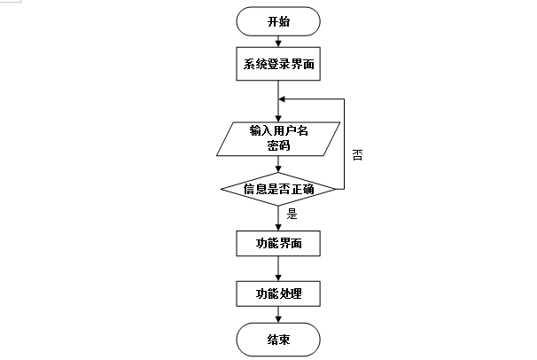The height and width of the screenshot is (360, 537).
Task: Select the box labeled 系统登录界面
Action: [278, 64]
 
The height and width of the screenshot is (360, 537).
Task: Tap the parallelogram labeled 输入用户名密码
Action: [278, 139]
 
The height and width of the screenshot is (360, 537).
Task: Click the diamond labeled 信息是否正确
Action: [278, 188]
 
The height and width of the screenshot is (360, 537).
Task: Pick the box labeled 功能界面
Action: [278, 242]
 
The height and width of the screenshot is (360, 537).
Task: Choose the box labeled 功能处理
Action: [278, 293]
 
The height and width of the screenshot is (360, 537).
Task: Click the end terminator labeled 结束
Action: [278, 339]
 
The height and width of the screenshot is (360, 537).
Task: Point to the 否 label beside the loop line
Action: [357, 154]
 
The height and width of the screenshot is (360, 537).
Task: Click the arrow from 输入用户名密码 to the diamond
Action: [278, 165]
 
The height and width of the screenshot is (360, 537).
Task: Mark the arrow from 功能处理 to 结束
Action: [278, 316]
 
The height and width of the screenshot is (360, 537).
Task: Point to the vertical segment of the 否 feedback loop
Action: [344, 142]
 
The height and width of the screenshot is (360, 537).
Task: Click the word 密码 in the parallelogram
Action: [278, 147]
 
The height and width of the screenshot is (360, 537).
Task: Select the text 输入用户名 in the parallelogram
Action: [278, 131]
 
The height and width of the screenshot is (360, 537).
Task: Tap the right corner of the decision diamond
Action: [336, 188]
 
